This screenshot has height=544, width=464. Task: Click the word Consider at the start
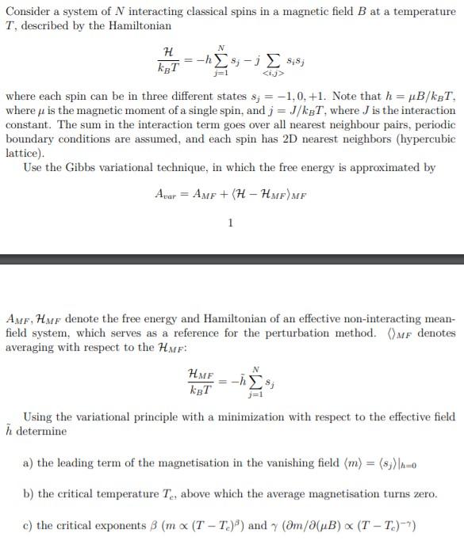click(x=28, y=9)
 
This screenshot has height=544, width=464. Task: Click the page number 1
click(x=230, y=223)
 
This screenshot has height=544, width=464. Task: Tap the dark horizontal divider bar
click(x=232, y=258)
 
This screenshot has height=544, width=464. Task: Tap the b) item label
click(x=29, y=494)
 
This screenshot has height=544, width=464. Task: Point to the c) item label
click(x=29, y=525)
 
